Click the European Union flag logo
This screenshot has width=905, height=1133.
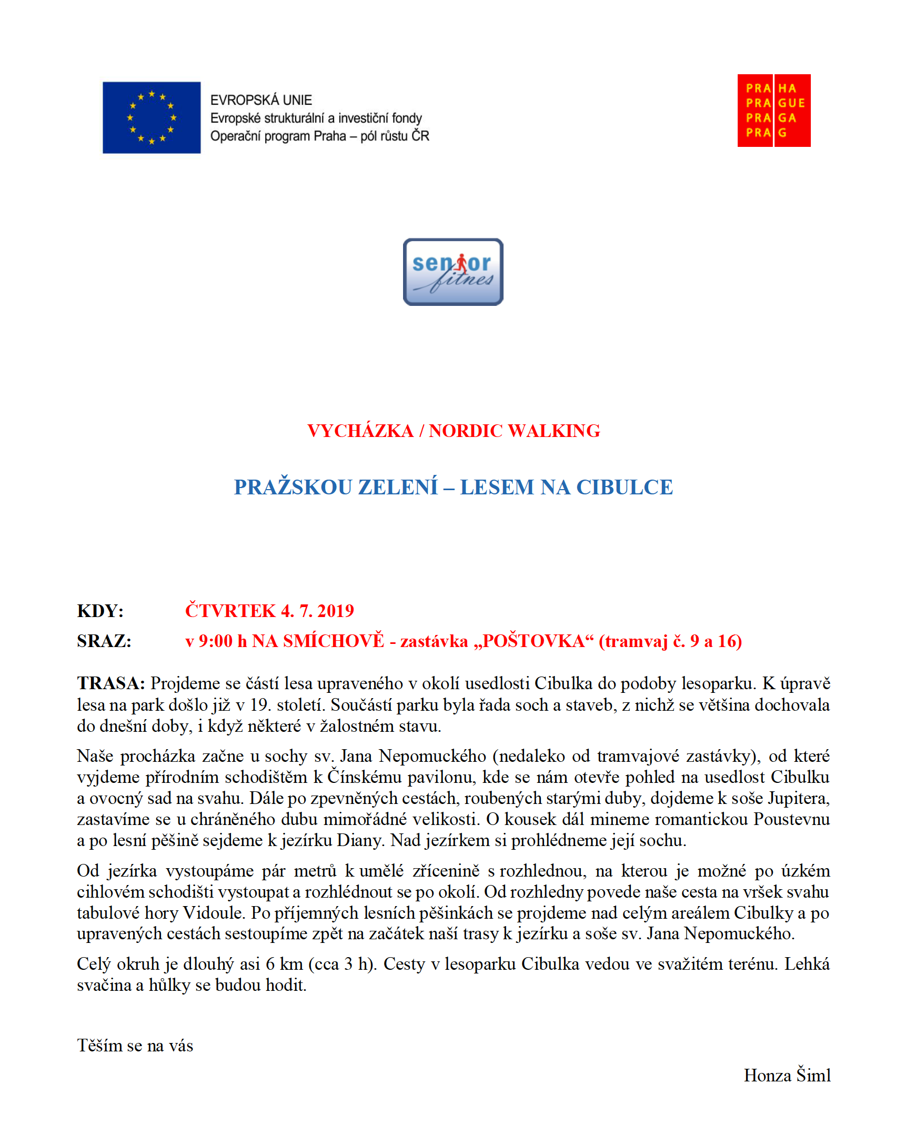pos(151,117)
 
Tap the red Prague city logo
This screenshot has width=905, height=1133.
pos(773,111)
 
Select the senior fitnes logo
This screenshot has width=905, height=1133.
pos(453,272)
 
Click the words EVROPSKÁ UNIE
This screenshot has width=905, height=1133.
pos(261,100)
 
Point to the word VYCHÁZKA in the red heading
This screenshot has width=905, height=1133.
pos(360,431)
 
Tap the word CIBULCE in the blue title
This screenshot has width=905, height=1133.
pos(625,487)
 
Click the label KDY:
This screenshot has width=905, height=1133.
pos(100,611)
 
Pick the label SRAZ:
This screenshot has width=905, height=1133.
pos(104,641)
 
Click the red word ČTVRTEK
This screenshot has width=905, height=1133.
pos(230,611)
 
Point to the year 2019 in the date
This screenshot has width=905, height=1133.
pos(336,611)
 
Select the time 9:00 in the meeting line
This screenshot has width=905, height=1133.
pos(215,641)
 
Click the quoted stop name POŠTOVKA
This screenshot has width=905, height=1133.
pos(533,641)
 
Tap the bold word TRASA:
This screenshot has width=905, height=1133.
pos(111,683)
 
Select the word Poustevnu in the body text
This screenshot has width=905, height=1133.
pos(791,819)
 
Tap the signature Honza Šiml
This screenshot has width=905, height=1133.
pos(787,1075)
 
